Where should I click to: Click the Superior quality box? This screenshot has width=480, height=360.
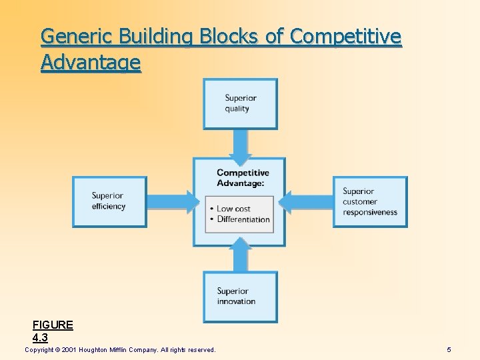(x=240, y=103)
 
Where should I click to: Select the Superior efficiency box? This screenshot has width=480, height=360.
(x=109, y=201)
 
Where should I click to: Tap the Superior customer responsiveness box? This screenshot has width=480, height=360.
(x=370, y=201)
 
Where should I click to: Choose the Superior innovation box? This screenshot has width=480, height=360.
(x=240, y=297)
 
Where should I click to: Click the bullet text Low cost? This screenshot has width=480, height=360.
(x=234, y=209)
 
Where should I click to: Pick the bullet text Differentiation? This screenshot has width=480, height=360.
(x=243, y=219)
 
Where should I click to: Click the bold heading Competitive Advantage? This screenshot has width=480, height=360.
(x=242, y=178)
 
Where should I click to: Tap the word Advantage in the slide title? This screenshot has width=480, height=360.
(x=91, y=63)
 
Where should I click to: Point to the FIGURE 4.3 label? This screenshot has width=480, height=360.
(x=53, y=331)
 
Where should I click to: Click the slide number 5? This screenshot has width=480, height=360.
(x=449, y=349)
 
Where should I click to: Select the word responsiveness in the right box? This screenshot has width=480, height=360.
(x=370, y=212)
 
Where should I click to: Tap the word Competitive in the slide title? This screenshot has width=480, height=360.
(x=345, y=36)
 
